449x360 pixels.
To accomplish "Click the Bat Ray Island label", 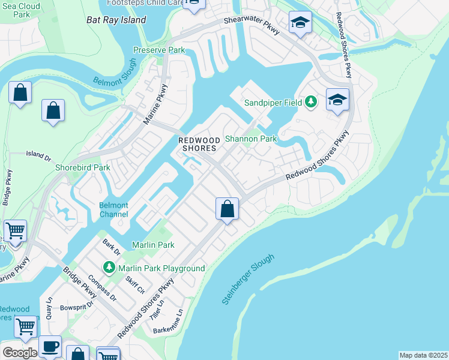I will pyautogui.click(x=116, y=20).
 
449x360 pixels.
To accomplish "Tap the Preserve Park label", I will pyautogui.click(x=159, y=50).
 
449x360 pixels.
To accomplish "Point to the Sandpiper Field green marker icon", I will pyautogui.click(x=310, y=102).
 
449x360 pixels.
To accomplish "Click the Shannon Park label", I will pyautogui.click(x=250, y=139).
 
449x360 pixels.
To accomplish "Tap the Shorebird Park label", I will pyautogui.click(x=83, y=167).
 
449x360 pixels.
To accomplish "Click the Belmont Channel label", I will pyautogui.click(x=113, y=210).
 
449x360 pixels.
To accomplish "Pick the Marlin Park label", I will pyautogui.click(x=153, y=245).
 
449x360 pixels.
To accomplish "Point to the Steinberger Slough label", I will pyautogui.click(x=248, y=279).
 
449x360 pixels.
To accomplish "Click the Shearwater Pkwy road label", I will pyautogui.click(x=252, y=23).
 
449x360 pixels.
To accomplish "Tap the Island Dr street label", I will pyautogui.click(x=38, y=154).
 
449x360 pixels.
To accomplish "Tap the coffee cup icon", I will pyautogui.click(x=50, y=346).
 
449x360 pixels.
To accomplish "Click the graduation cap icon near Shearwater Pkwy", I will pyautogui.click(x=300, y=23).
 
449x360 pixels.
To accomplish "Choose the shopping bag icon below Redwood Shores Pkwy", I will pyautogui.click(x=227, y=209).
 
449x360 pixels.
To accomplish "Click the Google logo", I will pyautogui.click(x=20, y=353).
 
